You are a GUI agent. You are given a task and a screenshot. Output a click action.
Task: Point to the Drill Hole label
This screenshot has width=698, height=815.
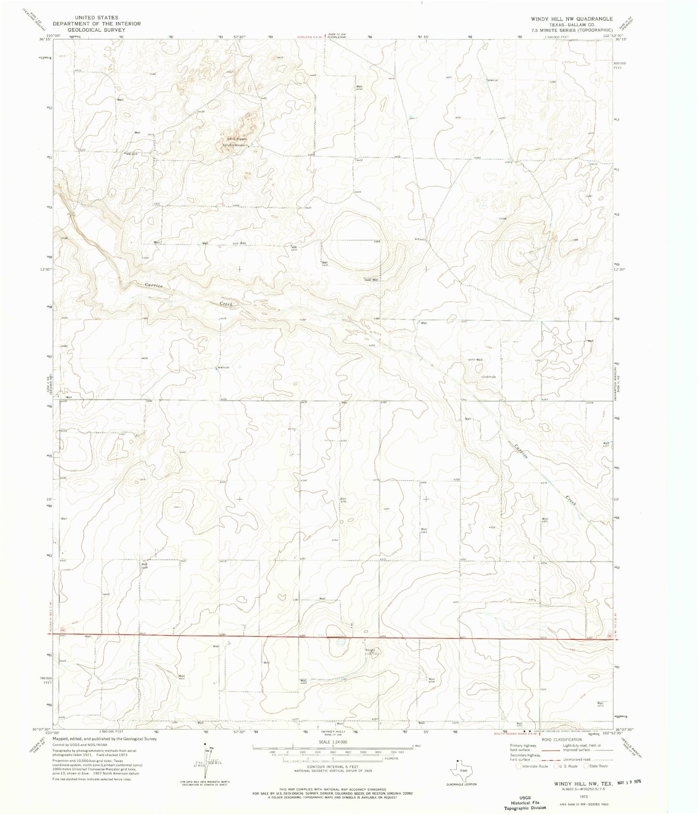point(489,377)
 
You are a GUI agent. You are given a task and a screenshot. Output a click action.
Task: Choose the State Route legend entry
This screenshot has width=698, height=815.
point(595,766)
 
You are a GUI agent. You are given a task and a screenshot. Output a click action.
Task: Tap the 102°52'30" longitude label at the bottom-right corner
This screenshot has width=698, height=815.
point(628,730)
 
